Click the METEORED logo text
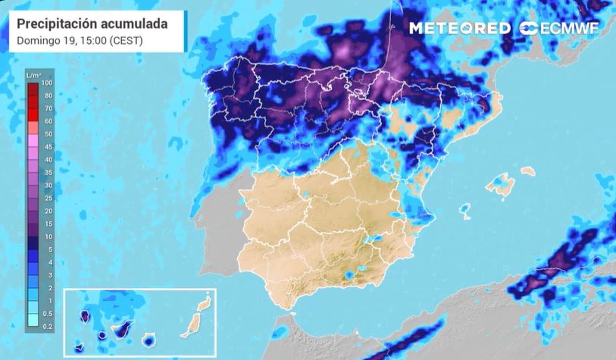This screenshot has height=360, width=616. tap(460, 29)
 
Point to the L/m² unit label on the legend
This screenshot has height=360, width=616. tap(33, 74)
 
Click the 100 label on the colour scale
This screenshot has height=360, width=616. tap(48, 83)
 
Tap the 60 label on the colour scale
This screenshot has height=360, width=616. tap(48, 121)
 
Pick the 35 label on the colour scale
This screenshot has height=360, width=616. tap(48, 173)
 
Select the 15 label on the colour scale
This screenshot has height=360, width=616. tap(48, 224)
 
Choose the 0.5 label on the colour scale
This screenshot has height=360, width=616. tap(48, 313)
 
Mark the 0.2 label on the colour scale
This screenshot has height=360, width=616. tap(48, 326)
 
